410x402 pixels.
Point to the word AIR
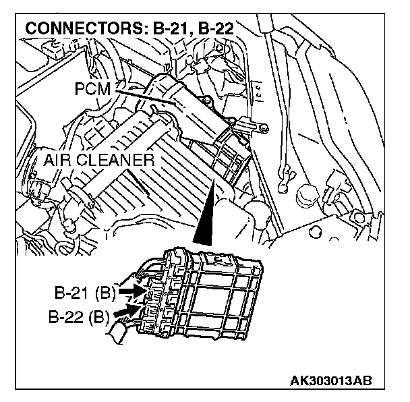pyautogui.click(x=61, y=161)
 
